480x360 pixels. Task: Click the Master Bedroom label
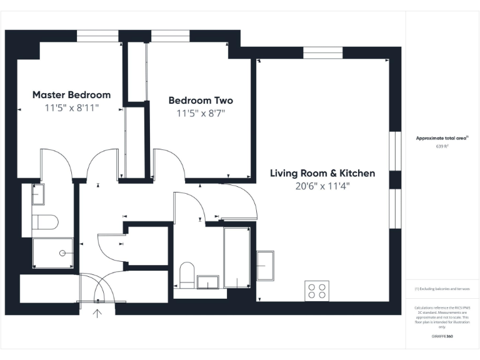(x=71, y=95)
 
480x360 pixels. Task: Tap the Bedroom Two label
(x=201, y=101)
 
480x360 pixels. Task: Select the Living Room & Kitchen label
(x=322, y=173)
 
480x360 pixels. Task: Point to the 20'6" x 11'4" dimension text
(x=322, y=186)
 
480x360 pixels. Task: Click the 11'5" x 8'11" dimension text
(x=71, y=108)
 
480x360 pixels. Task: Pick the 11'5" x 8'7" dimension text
(x=201, y=114)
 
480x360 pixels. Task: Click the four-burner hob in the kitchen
(x=317, y=291)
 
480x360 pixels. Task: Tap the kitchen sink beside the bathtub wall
(x=265, y=266)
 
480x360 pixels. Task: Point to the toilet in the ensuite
(x=45, y=222)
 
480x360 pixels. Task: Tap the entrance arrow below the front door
(x=97, y=312)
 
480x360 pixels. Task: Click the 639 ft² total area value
(x=442, y=146)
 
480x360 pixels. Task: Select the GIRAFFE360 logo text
(x=442, y=337)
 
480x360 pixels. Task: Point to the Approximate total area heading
(x=442, y=138)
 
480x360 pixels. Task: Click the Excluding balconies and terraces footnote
(x=442, y=289)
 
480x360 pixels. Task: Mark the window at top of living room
(x=322, y=52)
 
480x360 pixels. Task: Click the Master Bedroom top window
(x=97, y=36)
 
